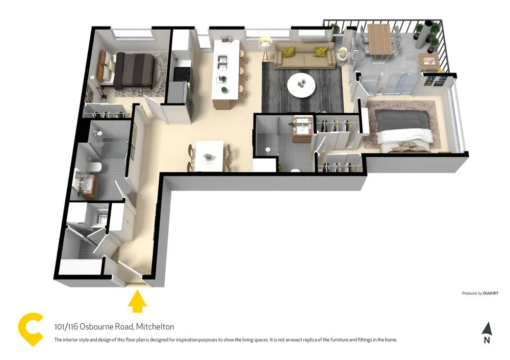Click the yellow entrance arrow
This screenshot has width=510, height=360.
click(x=137, y=302)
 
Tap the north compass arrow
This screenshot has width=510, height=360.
click(x=487, y=329)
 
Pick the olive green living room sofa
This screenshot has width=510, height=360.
click(x=304, y=57)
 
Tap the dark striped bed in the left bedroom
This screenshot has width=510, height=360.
click(x=134, y=70)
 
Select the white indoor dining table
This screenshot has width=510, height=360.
click(x=210, y=156)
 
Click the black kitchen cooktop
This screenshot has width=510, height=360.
click(x=181, y=74)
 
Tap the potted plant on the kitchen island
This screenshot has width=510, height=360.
click(x=222, y=79)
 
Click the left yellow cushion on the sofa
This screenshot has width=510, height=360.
click(x=289, y=52)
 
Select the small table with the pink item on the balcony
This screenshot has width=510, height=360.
click(x=429, y=62)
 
